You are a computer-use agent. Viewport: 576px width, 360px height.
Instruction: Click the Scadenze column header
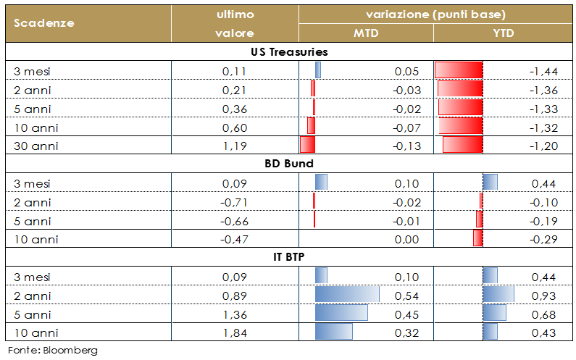tap(44, 23)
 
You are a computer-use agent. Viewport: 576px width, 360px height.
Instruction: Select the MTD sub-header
tap(366, 33)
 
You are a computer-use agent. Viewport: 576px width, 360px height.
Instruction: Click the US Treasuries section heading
tap(289, 52)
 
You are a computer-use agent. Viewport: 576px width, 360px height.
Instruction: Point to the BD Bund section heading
tap(289, 164)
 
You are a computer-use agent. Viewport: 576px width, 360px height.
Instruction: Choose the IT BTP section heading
tap(289, 258)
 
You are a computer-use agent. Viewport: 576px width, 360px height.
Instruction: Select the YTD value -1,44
tap(543, 71)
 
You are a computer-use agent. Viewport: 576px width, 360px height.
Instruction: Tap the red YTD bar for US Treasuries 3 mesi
tap(459, 71)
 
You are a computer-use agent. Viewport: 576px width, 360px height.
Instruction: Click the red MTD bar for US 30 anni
tap(308, 146)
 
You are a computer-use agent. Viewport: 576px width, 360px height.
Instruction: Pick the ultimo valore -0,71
tap(233, 202)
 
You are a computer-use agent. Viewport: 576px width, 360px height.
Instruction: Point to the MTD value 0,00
tap(407, 240)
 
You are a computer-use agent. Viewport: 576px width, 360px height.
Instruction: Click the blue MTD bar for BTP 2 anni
tap(347, 296)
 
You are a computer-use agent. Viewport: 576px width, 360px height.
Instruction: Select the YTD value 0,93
tap(544, 296)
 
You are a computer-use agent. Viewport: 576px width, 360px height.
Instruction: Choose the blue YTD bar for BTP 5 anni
tap(495, 314)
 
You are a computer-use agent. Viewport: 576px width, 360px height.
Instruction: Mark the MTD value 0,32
tap(407, 333)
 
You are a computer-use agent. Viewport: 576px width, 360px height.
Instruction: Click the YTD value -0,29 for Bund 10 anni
tap(543, 240)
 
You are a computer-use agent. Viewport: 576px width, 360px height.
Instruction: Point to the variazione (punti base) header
tap(435, 14)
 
